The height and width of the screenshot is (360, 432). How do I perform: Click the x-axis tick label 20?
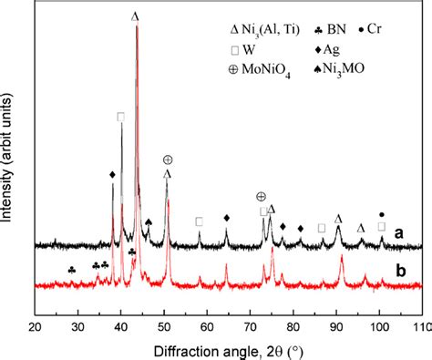coord(35,324)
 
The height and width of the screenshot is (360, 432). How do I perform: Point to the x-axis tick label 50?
coord(164,324)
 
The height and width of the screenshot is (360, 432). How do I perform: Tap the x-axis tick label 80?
coord(293,324)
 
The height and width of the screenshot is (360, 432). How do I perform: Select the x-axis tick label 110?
coord(420,324)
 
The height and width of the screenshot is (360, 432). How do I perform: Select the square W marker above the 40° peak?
coord(121,117)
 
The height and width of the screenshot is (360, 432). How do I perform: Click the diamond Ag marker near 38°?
coord(112,174)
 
